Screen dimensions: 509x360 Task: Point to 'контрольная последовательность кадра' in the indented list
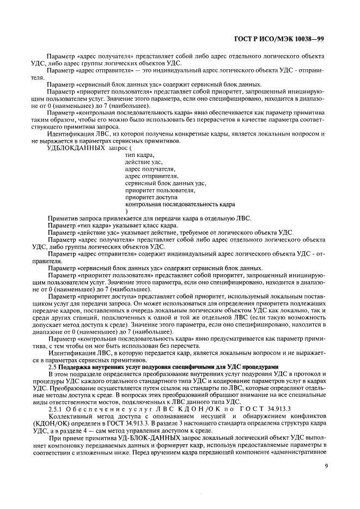pos(180,204)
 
